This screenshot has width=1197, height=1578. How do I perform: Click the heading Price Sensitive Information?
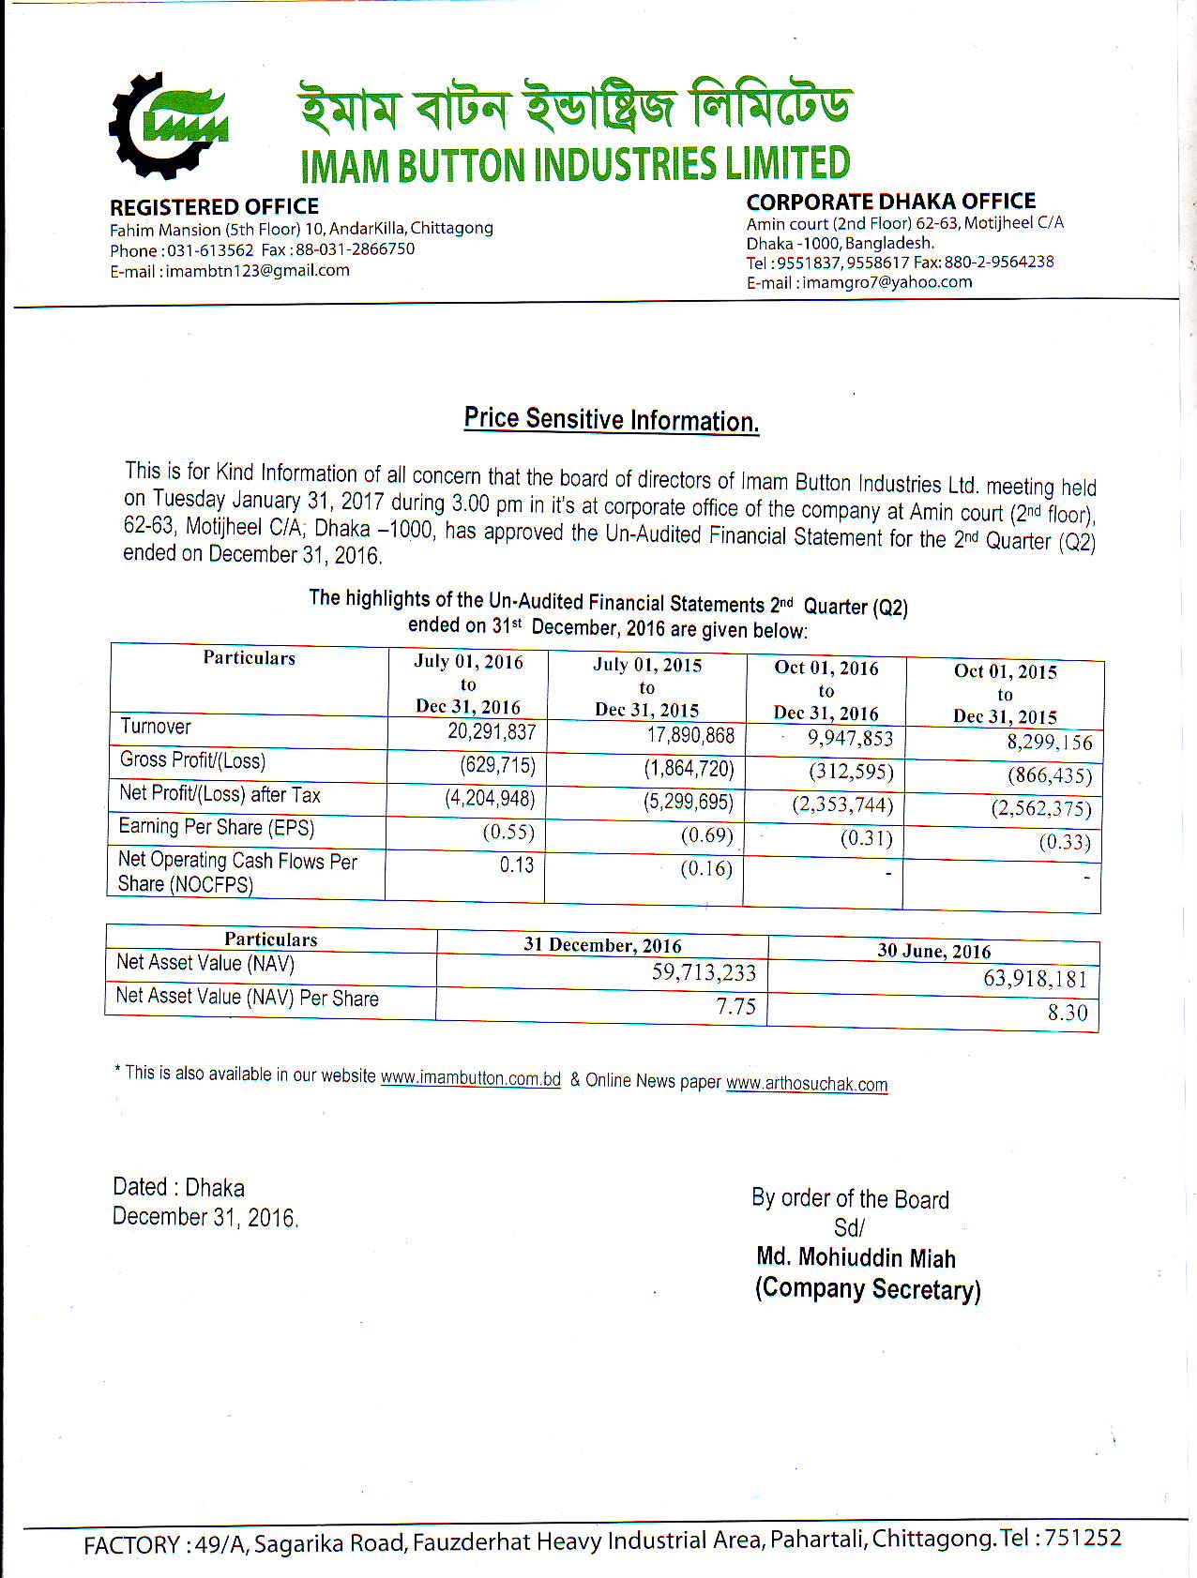point(611,419)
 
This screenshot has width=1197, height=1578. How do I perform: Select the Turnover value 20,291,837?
point(492,731)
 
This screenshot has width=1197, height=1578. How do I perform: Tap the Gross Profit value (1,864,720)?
point(689,769)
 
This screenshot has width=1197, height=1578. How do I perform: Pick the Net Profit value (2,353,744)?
point(842,804)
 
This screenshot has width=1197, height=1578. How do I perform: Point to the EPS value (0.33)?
point(1065,842)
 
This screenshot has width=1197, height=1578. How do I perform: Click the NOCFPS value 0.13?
point(517,864)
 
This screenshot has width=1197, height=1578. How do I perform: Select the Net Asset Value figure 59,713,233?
point(704,972)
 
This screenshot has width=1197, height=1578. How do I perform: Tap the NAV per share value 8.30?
point(1068,1013)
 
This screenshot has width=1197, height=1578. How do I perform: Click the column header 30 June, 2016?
point(933,951)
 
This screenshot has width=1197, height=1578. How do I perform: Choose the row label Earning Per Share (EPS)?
point(217,827)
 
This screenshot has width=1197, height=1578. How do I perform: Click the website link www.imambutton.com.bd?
point(470,1078)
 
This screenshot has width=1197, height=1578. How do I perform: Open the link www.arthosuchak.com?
point(807,1084)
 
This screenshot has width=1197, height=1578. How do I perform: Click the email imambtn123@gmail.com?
point(258,271)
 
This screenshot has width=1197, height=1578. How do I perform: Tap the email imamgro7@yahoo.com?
point(887,282)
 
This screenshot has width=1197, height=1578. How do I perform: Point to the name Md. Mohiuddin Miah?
point(856,1258)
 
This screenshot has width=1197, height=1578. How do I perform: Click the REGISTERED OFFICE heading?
point(214,207)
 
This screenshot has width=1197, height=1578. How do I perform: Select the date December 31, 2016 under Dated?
point(205,1217)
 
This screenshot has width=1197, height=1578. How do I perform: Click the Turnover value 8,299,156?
point(1050,743)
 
